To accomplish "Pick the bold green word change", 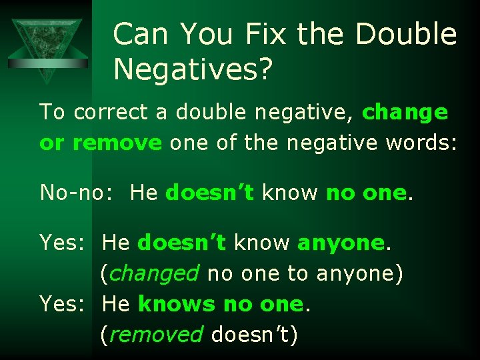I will tap(405, 112).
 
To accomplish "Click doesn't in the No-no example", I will tap(210, 193).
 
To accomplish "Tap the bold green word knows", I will tap(177, 304).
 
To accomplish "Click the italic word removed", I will tap(157, 334).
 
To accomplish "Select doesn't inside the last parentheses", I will tap(249, 334).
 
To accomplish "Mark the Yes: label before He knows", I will tap(63, 304).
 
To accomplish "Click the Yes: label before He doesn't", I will tap(63, 243).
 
